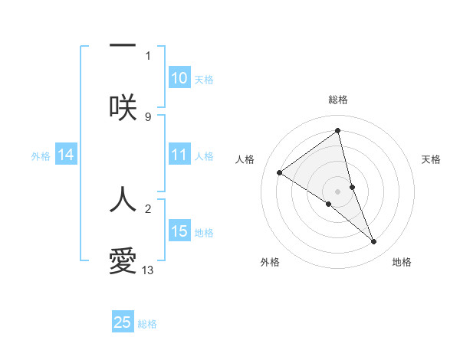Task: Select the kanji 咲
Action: click(x=123, y=108)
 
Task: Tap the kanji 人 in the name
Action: click(x=123, y=200)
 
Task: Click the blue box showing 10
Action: click(x=179, y=78)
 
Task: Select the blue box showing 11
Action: click(x=179, y=155)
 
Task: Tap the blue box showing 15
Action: click(x=179, y=231)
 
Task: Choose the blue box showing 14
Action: click(x=66, y=155)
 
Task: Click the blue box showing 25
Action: click(x=123, y=322)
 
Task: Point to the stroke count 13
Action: click(x=148, y=270)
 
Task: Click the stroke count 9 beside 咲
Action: click(x=148, y=116)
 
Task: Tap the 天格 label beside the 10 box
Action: click(x=204, y=80)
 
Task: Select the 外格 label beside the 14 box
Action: click(x=41, y=156)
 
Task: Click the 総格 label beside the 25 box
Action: click(x=147, y=324)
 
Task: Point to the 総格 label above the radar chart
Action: click(x=338, y=100)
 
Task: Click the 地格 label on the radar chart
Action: click(x=402, y=262)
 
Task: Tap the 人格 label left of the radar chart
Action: click(x=245, y=159)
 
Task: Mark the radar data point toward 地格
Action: click(x=374, y=242)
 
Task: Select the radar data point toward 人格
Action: click(x=279, y=172)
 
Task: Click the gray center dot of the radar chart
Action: click(x=338, y=191)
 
